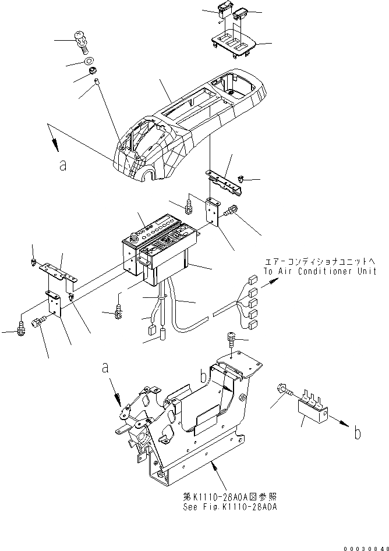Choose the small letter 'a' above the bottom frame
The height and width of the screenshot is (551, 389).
(105, 368)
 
